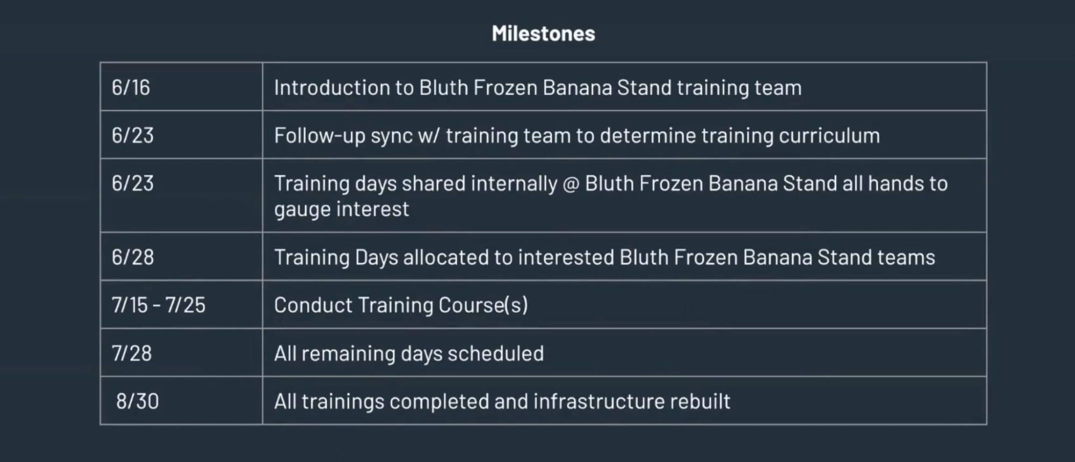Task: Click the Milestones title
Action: pos(543,34)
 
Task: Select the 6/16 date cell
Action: pos(131,88)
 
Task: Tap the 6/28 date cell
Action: pos(132,257)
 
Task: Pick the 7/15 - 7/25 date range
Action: pos(158,305)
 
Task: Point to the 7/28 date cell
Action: pos(131,353)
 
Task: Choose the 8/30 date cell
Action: pos(137,401)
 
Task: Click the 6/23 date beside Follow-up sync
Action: pos(132,136)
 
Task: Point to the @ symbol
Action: pos(570,184)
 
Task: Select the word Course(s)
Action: pos(483,305)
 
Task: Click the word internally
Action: pos(514,184)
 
